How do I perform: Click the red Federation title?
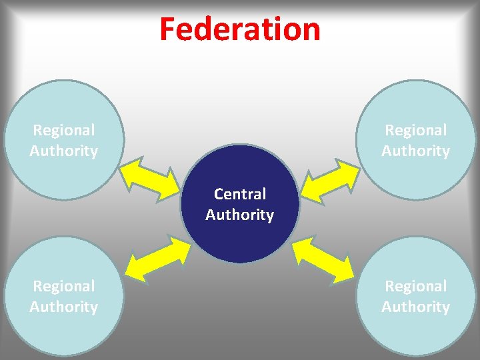coord(240,29)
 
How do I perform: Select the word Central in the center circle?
coord(240,194)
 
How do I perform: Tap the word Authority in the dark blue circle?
coord(240,215)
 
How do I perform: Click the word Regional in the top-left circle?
coord(64,130)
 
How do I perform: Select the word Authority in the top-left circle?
coord(64,151)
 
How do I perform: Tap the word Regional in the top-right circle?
coord(416,130)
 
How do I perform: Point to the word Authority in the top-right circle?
coord(416,151)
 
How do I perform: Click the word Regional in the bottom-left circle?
coord(64,286)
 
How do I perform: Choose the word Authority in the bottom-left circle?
coord(64,307)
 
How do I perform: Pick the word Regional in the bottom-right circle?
coord(416,286)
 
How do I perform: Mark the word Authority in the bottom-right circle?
coord(416,307)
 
